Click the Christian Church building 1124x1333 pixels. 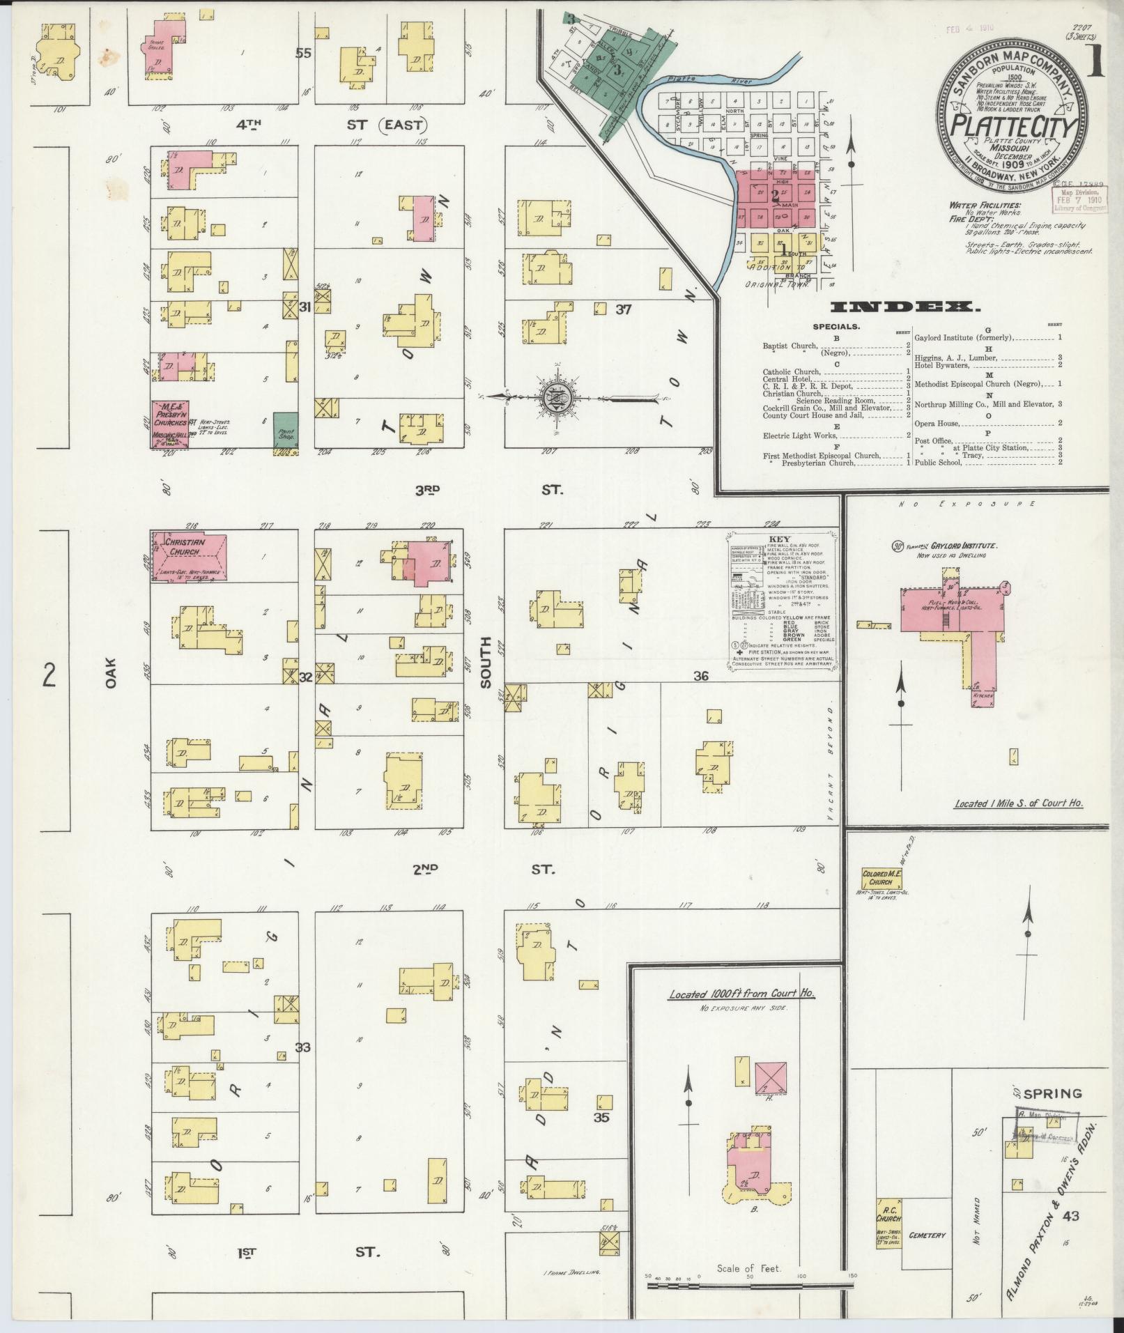[189, 557]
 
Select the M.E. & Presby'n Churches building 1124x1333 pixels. [171, 424]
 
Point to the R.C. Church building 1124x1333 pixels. [888, 1224]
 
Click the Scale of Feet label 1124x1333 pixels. [748, 1269]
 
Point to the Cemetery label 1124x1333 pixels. [927, 1235]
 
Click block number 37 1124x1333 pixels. [622, 309]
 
